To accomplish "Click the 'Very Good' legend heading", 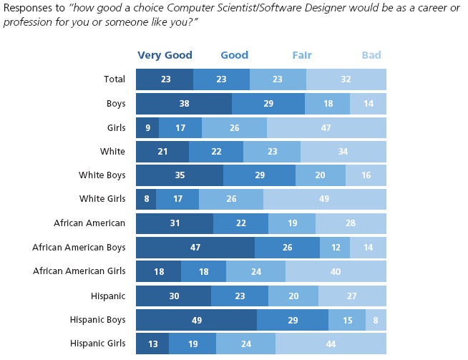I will coord(165,55).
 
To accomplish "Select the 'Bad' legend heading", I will coord(371,55).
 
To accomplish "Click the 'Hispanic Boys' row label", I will coord(97,319).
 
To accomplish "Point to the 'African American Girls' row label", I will coord(79,271).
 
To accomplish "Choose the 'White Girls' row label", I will coord(102,199).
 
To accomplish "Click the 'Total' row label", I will coord(114,79).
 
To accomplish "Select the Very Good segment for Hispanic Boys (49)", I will coord(196,319).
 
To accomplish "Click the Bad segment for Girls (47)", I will coord(326,127).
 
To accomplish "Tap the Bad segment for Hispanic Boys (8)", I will coord(376,319).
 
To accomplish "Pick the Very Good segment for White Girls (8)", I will coord(146,199).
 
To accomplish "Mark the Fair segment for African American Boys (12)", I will coord(335,247).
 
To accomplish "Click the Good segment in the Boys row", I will coord(268,103).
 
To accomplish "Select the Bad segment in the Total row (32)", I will coord(346,79).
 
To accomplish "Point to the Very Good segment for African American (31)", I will coord(175,223).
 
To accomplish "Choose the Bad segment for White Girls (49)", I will coord(325,199).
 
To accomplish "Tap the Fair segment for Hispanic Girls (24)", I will coord(245,344).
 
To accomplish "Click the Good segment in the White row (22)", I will coord(216,151).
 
